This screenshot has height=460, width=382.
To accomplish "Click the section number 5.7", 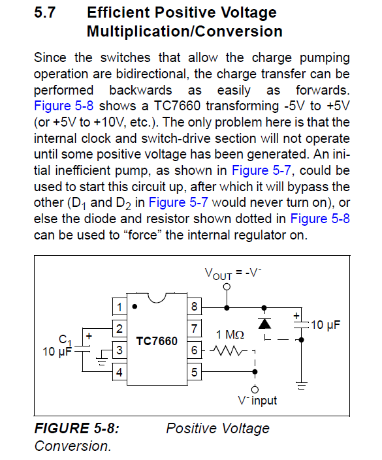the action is pos(44,12).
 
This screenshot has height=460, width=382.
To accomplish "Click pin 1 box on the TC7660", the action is pos(119,307).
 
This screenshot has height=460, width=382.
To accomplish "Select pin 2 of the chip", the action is pos(119,329).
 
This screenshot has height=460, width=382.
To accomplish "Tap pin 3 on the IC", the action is pos(119,350).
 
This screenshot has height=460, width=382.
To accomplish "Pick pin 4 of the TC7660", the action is pos(119,372).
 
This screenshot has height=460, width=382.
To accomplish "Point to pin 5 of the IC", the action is pos(195,372).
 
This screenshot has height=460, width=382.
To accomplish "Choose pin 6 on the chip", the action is pos(195,350).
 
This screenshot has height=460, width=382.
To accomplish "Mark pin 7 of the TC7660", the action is pos(195,329).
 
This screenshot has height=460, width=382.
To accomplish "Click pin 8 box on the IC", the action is pos(195,307).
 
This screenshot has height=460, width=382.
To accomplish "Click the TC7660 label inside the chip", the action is pos(157,341).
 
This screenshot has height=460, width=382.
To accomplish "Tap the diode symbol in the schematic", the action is pos(264,324).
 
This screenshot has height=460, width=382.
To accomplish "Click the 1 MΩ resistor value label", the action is pos(230,335).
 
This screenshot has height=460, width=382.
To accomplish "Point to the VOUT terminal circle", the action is pos(227,287).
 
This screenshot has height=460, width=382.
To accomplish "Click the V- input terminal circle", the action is pos(255,390).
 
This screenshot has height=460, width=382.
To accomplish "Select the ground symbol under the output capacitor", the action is pos(301,386).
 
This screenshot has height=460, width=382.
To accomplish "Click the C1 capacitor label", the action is pos(65,341).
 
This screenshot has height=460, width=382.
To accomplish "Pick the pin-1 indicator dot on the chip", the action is pos(135,307).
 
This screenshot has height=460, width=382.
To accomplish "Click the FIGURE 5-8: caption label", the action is pos(77,428).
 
